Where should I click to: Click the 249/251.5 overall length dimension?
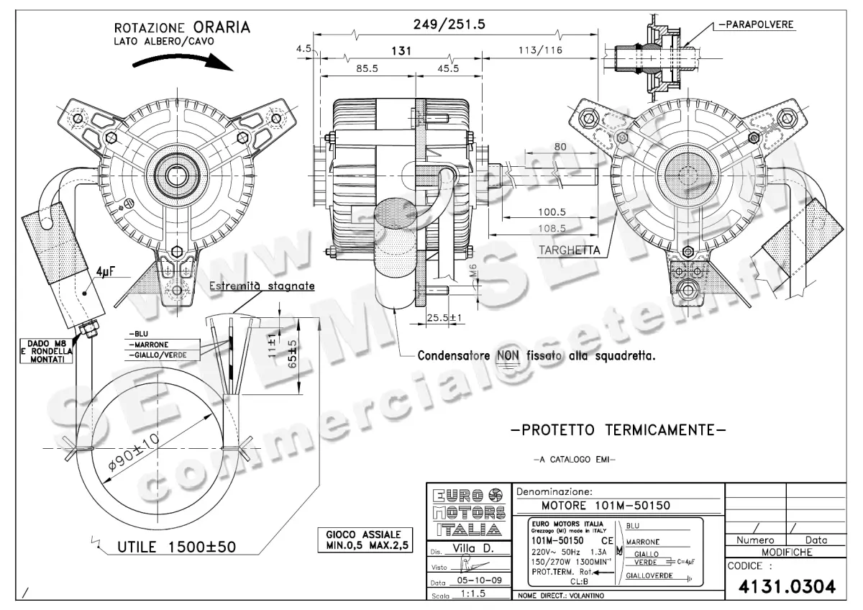[449, 24]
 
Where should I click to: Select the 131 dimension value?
[401, 50]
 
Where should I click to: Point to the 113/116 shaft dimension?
[540, 50]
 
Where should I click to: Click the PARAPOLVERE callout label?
[755, 24]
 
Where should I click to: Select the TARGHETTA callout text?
[569, 250]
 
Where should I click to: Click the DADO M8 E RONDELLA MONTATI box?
[45, 351]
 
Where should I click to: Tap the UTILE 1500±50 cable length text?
[176, 547]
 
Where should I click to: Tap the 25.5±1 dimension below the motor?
[443, 317]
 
